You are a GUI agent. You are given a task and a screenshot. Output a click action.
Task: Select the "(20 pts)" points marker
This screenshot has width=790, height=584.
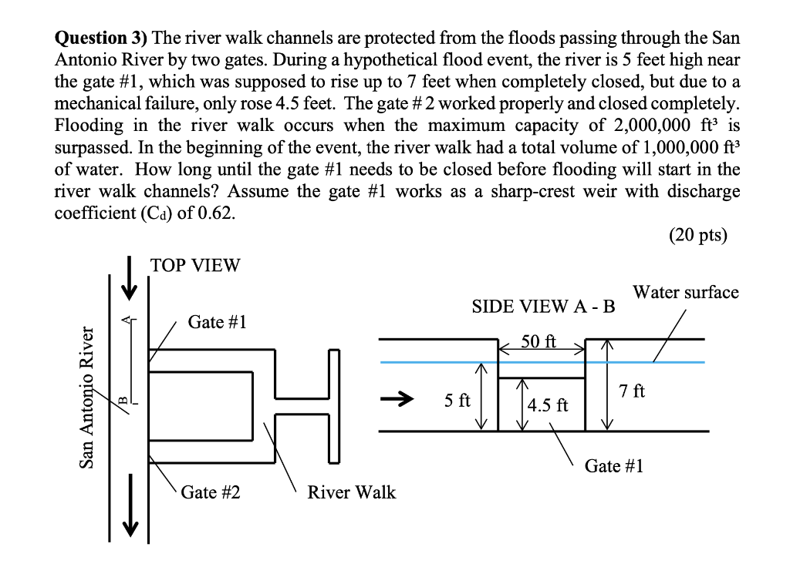[698, 235]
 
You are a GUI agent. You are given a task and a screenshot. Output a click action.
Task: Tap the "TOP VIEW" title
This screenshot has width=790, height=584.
[195, 266]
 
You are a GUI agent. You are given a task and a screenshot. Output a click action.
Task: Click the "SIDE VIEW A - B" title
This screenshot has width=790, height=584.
[543, 307]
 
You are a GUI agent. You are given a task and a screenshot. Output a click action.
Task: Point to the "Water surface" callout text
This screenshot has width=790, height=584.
[685, 292]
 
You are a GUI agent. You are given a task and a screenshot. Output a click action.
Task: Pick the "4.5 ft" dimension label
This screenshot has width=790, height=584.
[548, 405]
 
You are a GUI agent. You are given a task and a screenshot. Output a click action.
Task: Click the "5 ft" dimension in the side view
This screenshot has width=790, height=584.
[457, 401]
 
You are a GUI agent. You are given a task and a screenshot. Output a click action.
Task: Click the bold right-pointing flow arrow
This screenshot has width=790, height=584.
[395, 400]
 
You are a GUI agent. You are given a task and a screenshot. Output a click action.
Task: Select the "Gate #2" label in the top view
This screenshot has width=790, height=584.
[211, 492]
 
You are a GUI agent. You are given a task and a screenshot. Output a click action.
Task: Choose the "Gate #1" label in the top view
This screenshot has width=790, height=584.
[217, 322]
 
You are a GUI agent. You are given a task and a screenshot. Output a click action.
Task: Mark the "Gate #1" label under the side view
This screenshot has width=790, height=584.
[614, 465]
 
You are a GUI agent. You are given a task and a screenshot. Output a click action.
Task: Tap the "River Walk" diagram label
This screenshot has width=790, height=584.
[351, 492]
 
